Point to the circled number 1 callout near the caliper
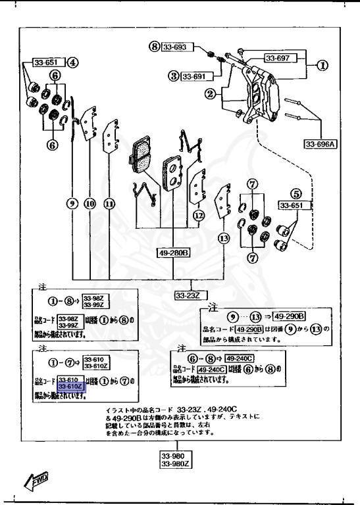pyautogui.click(x=322, y=66)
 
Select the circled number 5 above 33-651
pyautogui.click(x=296, y=194)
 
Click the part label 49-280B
pyautogui.click(x=173, y=252)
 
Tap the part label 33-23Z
pyautogui.click(x=187, y=295)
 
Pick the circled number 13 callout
pyautogui.click(x=224, y=239)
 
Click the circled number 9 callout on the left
pyautogui.click(x=72, y=204)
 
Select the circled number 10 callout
pyautogui.click(x=90, y=204)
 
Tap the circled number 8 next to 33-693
pyautogui.click(x=155, y=47)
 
